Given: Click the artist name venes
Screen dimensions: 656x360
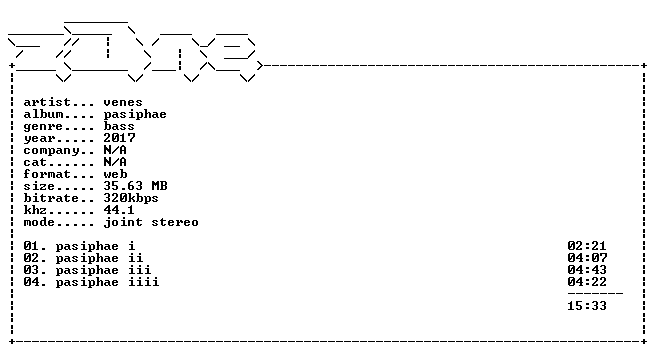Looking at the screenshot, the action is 123,102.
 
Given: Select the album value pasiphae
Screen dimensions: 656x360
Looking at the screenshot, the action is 135,114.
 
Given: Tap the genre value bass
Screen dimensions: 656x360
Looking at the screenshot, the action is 119,126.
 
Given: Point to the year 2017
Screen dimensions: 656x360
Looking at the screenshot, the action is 120,138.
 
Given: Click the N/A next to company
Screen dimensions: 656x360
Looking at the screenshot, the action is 115,150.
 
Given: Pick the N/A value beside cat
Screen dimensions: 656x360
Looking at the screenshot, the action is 115,162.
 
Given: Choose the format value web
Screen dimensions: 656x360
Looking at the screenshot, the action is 115,174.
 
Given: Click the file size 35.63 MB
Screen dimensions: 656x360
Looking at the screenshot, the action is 136,186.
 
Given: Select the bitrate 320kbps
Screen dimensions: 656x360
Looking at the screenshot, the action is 131,198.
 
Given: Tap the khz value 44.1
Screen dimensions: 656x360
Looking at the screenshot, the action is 119,210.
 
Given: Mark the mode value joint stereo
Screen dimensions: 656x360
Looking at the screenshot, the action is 151,222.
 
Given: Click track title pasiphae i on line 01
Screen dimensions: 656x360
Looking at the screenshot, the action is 95,246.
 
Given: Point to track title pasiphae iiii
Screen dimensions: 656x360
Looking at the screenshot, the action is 108,282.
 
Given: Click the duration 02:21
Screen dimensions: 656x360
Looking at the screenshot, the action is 587,246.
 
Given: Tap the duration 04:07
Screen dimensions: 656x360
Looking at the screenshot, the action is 587,258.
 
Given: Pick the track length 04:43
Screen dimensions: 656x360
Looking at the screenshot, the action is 587,270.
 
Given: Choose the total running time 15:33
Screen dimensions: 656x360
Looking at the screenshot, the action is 587,306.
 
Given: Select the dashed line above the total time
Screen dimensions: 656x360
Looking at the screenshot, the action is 595,293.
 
